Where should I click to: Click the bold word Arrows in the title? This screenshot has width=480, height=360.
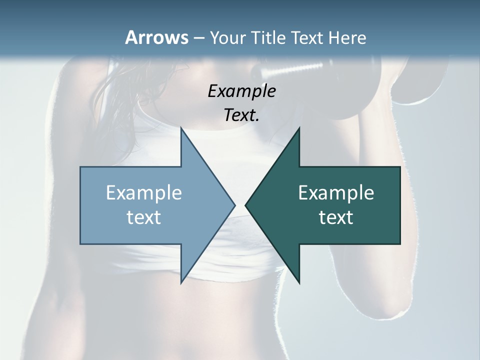pyautogui.click(x=157, y=37)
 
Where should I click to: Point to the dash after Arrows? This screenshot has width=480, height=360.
pyautogui.click(x=198, y=38)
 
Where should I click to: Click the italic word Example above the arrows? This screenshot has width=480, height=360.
pyautogui.click(x=242, y=91)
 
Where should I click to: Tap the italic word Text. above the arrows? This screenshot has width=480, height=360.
pyautogui.click(x=242, y=115)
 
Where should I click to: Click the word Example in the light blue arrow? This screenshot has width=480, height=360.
pyautogui.click(x=144, y=192)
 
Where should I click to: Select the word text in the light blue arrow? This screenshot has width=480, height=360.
pyautogui.click(x=144, y=217)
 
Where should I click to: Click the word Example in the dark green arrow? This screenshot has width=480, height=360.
pyautogui.click(x=336, y=192)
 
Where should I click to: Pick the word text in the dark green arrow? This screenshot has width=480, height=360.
pyautogui.click(x=336, y=217)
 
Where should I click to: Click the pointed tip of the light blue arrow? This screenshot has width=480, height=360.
pyautogui.click(x=234, y=205)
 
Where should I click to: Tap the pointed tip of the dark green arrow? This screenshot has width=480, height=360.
pyautogui.click(x=246, y=205)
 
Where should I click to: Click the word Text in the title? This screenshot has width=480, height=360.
pyautogui.click(x=308, y=37)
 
